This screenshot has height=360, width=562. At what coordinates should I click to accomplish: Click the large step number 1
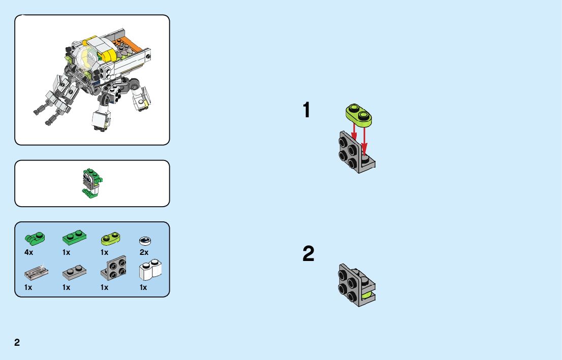point(306,110)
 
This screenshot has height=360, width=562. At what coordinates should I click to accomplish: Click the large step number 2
point(308,254)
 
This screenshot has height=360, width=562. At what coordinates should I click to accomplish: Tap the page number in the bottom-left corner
point(17,342)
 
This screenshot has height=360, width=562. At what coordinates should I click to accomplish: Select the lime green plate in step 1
point(359,114)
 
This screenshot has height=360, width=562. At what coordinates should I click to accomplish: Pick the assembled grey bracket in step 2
point(356,285)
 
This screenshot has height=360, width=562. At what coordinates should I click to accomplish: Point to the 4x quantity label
point(28,252)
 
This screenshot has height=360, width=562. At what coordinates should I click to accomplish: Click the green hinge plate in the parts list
point(35,237)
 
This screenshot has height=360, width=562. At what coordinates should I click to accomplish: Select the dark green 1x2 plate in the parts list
point(74,237)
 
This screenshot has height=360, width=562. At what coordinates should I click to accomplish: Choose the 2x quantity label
point(144,252)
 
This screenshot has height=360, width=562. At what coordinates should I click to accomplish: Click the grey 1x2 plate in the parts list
point(74,273)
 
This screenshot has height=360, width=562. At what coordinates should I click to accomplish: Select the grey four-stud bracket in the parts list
point(114,268)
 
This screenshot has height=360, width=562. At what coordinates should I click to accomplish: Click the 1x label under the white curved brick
point(143,287)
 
